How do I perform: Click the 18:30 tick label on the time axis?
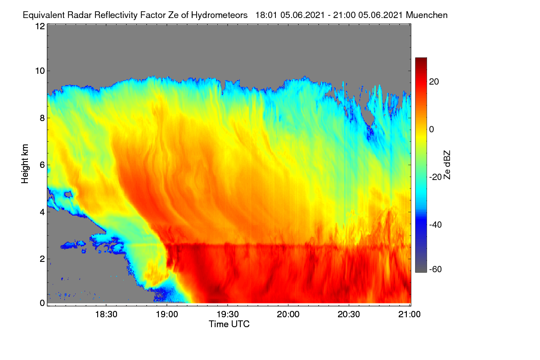click(106, 315)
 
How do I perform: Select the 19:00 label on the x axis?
click(167, 315)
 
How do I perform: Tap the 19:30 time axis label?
click(228, 315)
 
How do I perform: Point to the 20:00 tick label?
click(288, 315)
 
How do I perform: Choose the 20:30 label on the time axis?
click(349, 315)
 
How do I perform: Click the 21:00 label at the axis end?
click(409, 315)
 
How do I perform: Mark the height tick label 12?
click(40, 26)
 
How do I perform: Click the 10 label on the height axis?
click(40, 71)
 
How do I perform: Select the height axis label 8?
click(42, 118)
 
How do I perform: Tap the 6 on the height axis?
click(42, 165)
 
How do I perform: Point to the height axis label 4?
click(42, 212)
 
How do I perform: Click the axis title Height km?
click(25, 164)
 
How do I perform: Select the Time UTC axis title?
click(229, 324)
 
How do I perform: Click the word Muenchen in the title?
click(427, 15)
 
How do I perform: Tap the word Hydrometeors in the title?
click(219, 15)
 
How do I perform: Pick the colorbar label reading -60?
click(436, 270)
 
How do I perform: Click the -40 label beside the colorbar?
click(436, 225)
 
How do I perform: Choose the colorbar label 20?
click(434, 82)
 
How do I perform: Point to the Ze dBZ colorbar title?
click(447, 165)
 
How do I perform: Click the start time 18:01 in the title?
click(266, 15)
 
